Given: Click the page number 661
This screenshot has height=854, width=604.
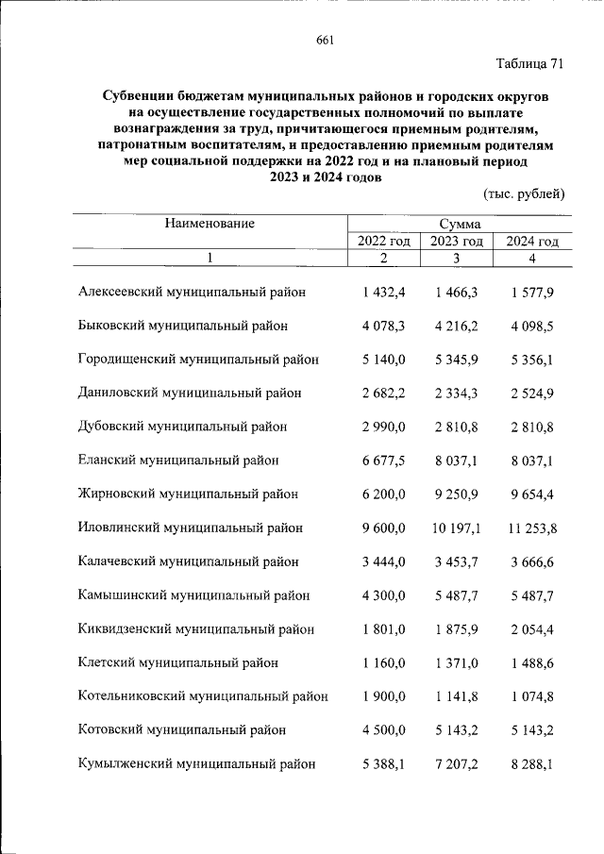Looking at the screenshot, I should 326,40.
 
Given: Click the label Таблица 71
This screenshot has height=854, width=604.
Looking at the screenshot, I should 529,64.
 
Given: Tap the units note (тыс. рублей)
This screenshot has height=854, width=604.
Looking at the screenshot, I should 523,194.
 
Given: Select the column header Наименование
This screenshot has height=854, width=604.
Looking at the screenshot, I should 210,224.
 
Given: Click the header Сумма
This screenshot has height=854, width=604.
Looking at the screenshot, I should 459,225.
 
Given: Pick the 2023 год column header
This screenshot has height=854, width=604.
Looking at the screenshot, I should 458,242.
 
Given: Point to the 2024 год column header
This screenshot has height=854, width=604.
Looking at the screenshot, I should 532,242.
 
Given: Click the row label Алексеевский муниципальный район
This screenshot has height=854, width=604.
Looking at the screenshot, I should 193,293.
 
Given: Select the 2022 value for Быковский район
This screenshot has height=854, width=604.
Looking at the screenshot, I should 382,326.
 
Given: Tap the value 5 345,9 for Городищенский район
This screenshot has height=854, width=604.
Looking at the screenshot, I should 458,360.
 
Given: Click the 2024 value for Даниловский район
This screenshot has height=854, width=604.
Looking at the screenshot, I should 532,394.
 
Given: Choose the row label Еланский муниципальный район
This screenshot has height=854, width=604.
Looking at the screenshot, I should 178,460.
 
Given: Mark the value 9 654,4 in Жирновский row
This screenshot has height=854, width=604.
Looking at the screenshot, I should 532,494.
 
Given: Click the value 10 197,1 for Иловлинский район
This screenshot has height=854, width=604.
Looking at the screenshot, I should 458,528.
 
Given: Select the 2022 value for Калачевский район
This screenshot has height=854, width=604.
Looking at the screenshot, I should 382,562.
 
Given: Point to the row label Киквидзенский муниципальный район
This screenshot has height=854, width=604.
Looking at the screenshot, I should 195,629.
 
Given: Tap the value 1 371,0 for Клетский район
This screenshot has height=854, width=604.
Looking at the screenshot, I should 458,663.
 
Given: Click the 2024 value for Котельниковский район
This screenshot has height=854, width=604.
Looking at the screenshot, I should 532,696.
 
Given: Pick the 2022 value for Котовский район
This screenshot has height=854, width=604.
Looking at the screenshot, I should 382,730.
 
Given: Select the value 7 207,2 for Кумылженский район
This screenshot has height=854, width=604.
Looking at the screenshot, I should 458,764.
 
